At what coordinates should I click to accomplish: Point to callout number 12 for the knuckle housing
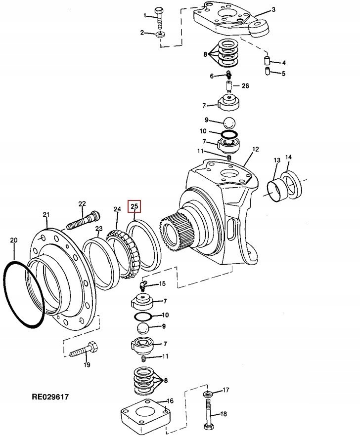(256, 149)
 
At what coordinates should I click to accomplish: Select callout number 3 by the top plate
(273, 9)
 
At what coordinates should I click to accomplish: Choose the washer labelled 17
(207, 394)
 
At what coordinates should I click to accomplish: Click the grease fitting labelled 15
(144, 285)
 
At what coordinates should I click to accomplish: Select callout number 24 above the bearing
(117, 209)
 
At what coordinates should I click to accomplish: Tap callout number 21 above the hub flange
(46, 214)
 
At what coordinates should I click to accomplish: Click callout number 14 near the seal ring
(288, 158)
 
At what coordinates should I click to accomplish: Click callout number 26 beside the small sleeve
(245, 86)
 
